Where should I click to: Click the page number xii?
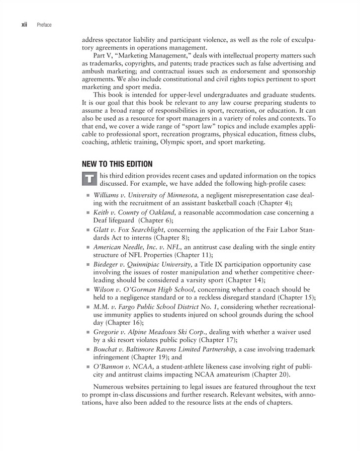pos(23,24)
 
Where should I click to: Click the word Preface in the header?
pos(44,24)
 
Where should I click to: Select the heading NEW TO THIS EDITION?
pos(117,164)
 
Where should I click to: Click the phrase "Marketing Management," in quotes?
pos(151,55)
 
